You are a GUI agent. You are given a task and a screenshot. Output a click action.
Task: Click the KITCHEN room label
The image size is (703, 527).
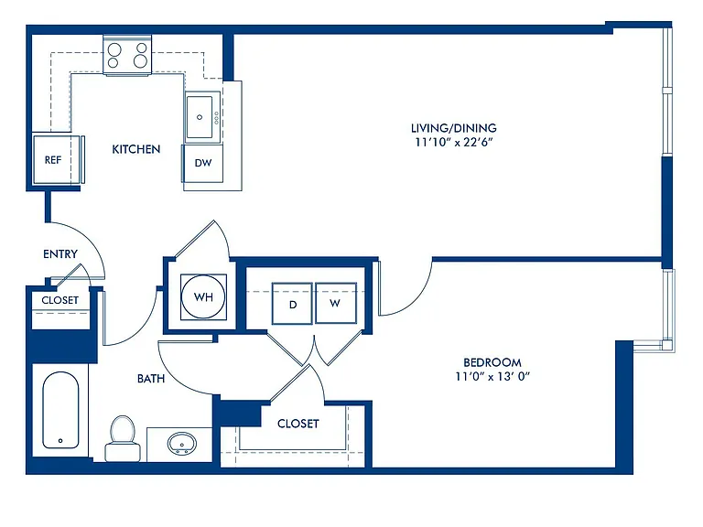point(135,149)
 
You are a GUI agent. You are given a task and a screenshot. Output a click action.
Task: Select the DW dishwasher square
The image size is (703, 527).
point(202,163)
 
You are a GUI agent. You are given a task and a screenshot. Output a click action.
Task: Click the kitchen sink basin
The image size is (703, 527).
point(200,117)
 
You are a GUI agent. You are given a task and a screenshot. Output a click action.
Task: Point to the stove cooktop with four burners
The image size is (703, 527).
point(127,55)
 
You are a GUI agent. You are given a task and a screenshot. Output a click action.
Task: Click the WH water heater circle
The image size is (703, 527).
point(203,296)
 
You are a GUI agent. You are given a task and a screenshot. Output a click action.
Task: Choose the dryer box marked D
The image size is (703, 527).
point(292,303)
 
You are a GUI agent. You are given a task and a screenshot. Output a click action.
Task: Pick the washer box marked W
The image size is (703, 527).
point(336,303)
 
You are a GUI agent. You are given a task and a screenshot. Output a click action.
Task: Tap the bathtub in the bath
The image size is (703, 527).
point(60,410)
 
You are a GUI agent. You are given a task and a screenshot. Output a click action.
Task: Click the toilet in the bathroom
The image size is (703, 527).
point(123,438)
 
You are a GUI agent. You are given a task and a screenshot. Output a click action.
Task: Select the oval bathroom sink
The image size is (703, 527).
point(181,444)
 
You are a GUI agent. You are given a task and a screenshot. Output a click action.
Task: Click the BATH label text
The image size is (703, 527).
point(151,379)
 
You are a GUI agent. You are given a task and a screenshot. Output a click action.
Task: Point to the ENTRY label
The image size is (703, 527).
point(60,254)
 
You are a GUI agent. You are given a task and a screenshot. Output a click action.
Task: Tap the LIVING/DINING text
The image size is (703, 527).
point(454,128)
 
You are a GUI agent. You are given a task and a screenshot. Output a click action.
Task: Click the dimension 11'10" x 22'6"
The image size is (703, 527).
point(454,143)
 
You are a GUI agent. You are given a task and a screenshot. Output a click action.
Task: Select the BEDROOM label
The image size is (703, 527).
point(492,362)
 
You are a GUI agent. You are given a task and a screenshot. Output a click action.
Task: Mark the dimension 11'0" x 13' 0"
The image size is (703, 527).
point(492,376)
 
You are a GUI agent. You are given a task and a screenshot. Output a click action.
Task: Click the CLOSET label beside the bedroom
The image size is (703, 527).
point(298,424)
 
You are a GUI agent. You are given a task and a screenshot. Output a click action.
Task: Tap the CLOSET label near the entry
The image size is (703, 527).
point(60,300)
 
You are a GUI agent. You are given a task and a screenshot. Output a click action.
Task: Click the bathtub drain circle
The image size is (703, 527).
point(60,441)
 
